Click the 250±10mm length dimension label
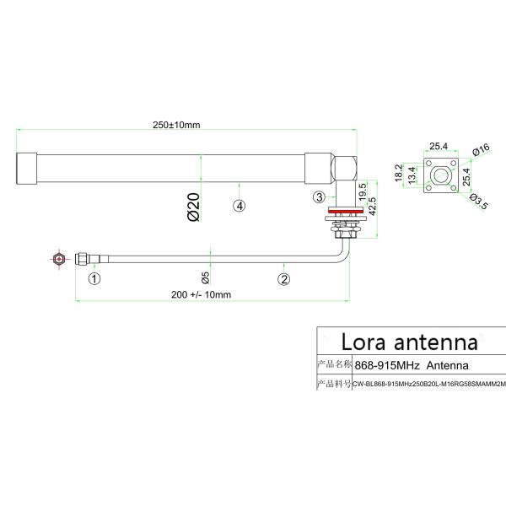[x=177, y=126]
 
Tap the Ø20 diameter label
[x=192, y=207]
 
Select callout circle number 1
[x=95, y=277]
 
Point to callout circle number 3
[x=319, y=197]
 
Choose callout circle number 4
[x=240, y=205]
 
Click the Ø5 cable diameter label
[x=205, y=277]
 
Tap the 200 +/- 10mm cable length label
[x=201, y=294]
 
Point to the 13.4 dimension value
[x=412, y=175]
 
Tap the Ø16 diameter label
[x=481, y=151]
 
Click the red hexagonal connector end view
[x=58, y=259]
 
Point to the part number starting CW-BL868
[x=430, y=385]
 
